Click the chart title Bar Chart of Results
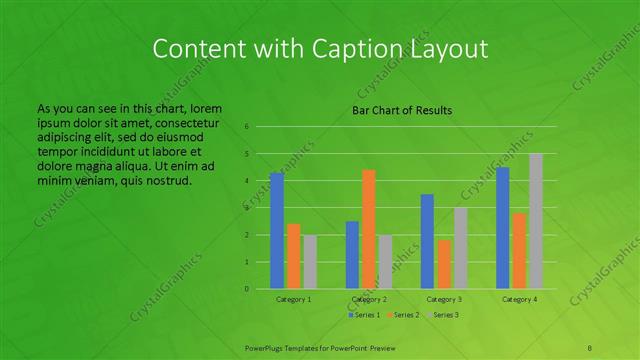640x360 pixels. pyautogui.click(x=402, y=110)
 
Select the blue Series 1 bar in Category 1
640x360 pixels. pyautogui.click(x=277, y=231)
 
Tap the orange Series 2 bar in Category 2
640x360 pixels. pyautogui.click(x=368, y=229)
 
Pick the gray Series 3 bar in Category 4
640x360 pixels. pyautogui.click(x=535, y=221)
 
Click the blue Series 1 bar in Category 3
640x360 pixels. pyautogui.click(x=427, y=241)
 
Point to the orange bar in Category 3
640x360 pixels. pyautogui.click(x=443, y=264)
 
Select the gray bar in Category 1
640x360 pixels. pyautogui.click(x=309, y=262)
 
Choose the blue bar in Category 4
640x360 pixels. pyautogui.click(x=502, y=228)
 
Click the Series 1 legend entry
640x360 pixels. pyautogui.click(x=363, y=315)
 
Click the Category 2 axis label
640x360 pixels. pyautogui.click(x=369, y=299)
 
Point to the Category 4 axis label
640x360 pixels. pyautogui.click(x=519, y=299)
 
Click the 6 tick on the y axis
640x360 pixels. pyautogui.click(x=246, y=127)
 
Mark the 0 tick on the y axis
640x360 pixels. pyautogui.click(x=246, y=289)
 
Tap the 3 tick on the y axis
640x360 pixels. pyautogui.click(x=246, y=208)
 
